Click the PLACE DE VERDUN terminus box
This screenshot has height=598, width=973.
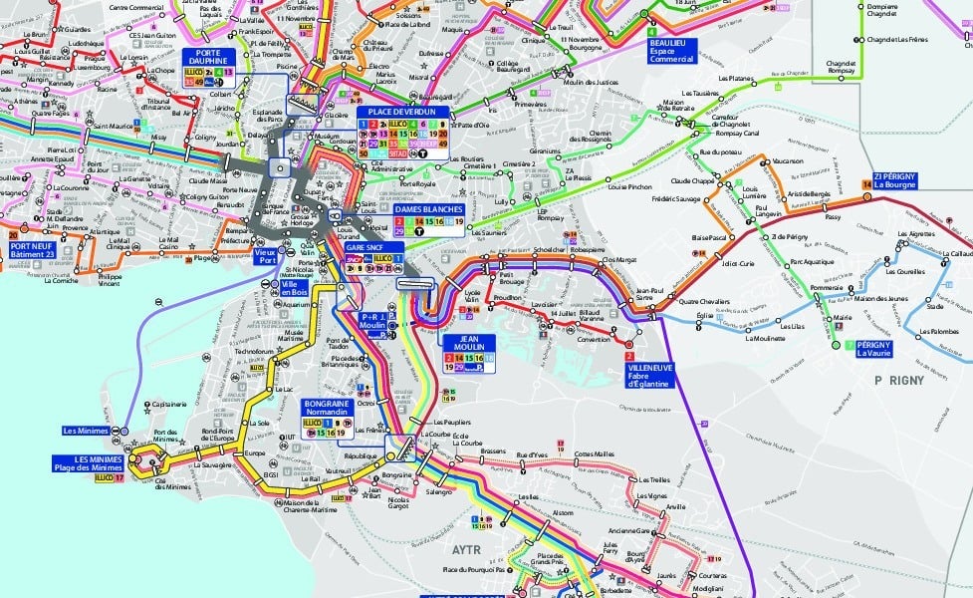[402, 113]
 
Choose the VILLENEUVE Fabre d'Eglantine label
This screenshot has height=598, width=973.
[649, 374]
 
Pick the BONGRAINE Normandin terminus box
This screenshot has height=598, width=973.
[328, 408]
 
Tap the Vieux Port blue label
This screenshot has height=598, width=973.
[264, 256]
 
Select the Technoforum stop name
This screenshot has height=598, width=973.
[254, 352]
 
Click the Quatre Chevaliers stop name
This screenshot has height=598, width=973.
[704, 302]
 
